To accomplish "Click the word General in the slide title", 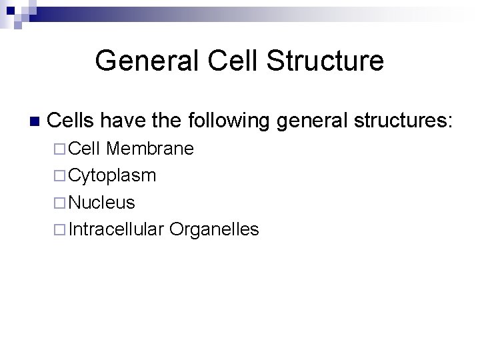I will pyautogui.click(x=147, y=61).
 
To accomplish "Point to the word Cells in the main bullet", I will pyautogui.click(x=71, y=121).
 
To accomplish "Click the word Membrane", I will pyautogui.click(x=149, y=149).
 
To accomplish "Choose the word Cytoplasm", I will pyautogui.click(x=113, y=176).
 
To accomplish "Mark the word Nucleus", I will pyautogui.click(x=102, y=203).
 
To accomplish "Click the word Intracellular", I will pyautogui.click(x=116, y=229).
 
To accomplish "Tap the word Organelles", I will pyautogui.click(x=214, y=229).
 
